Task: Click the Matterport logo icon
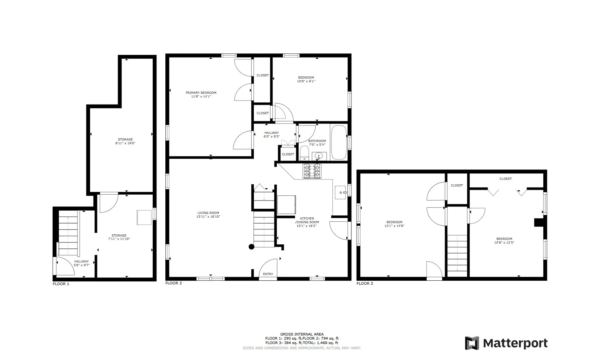(x=472, y=343)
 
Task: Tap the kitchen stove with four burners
(x=311, y=171)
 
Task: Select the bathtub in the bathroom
(x=339, y=142)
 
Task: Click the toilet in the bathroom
(x=304, y=153)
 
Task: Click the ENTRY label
(x=268, y=274)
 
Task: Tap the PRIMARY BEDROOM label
(x=201, y=93)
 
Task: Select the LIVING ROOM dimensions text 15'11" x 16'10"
(x=208, y=217)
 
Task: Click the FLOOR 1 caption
(x=61, y=284)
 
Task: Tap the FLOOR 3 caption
(x=365, y=284)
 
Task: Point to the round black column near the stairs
(x=251, y=247)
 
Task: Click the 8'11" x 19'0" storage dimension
(x=125, y=143)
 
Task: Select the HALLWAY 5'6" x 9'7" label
(x=82, y=263)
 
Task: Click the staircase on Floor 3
(x=457, y=252)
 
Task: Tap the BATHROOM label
(x=317, y=141)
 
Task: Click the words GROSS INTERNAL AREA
(x=302, y=334)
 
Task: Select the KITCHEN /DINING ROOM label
(x=307, y=220)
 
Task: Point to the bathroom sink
(x=319, y=156)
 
